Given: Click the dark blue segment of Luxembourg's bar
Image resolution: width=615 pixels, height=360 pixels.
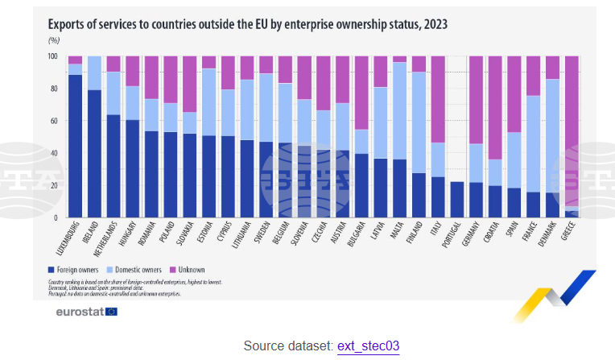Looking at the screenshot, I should (x=75, y=145).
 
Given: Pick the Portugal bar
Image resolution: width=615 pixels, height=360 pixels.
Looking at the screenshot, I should (x=457, y=200).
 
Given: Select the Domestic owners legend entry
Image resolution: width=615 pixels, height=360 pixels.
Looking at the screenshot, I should (x=138, y=269).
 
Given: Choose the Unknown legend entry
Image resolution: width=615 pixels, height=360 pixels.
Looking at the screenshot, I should (x=190, y=269).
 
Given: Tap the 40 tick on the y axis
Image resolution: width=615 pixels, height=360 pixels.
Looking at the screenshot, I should (x=53, y=153).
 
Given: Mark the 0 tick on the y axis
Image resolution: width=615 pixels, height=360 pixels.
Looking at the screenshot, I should (x=56, y=217).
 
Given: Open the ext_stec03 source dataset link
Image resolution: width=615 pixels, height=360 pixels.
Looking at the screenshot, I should (x=367, y=346).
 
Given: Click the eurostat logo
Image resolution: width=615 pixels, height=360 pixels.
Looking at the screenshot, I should (x=86, y=311).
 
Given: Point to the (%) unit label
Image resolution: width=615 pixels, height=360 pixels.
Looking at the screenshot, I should (x=54, y=39).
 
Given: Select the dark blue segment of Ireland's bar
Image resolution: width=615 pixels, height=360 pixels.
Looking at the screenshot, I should (x=94, y=153).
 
